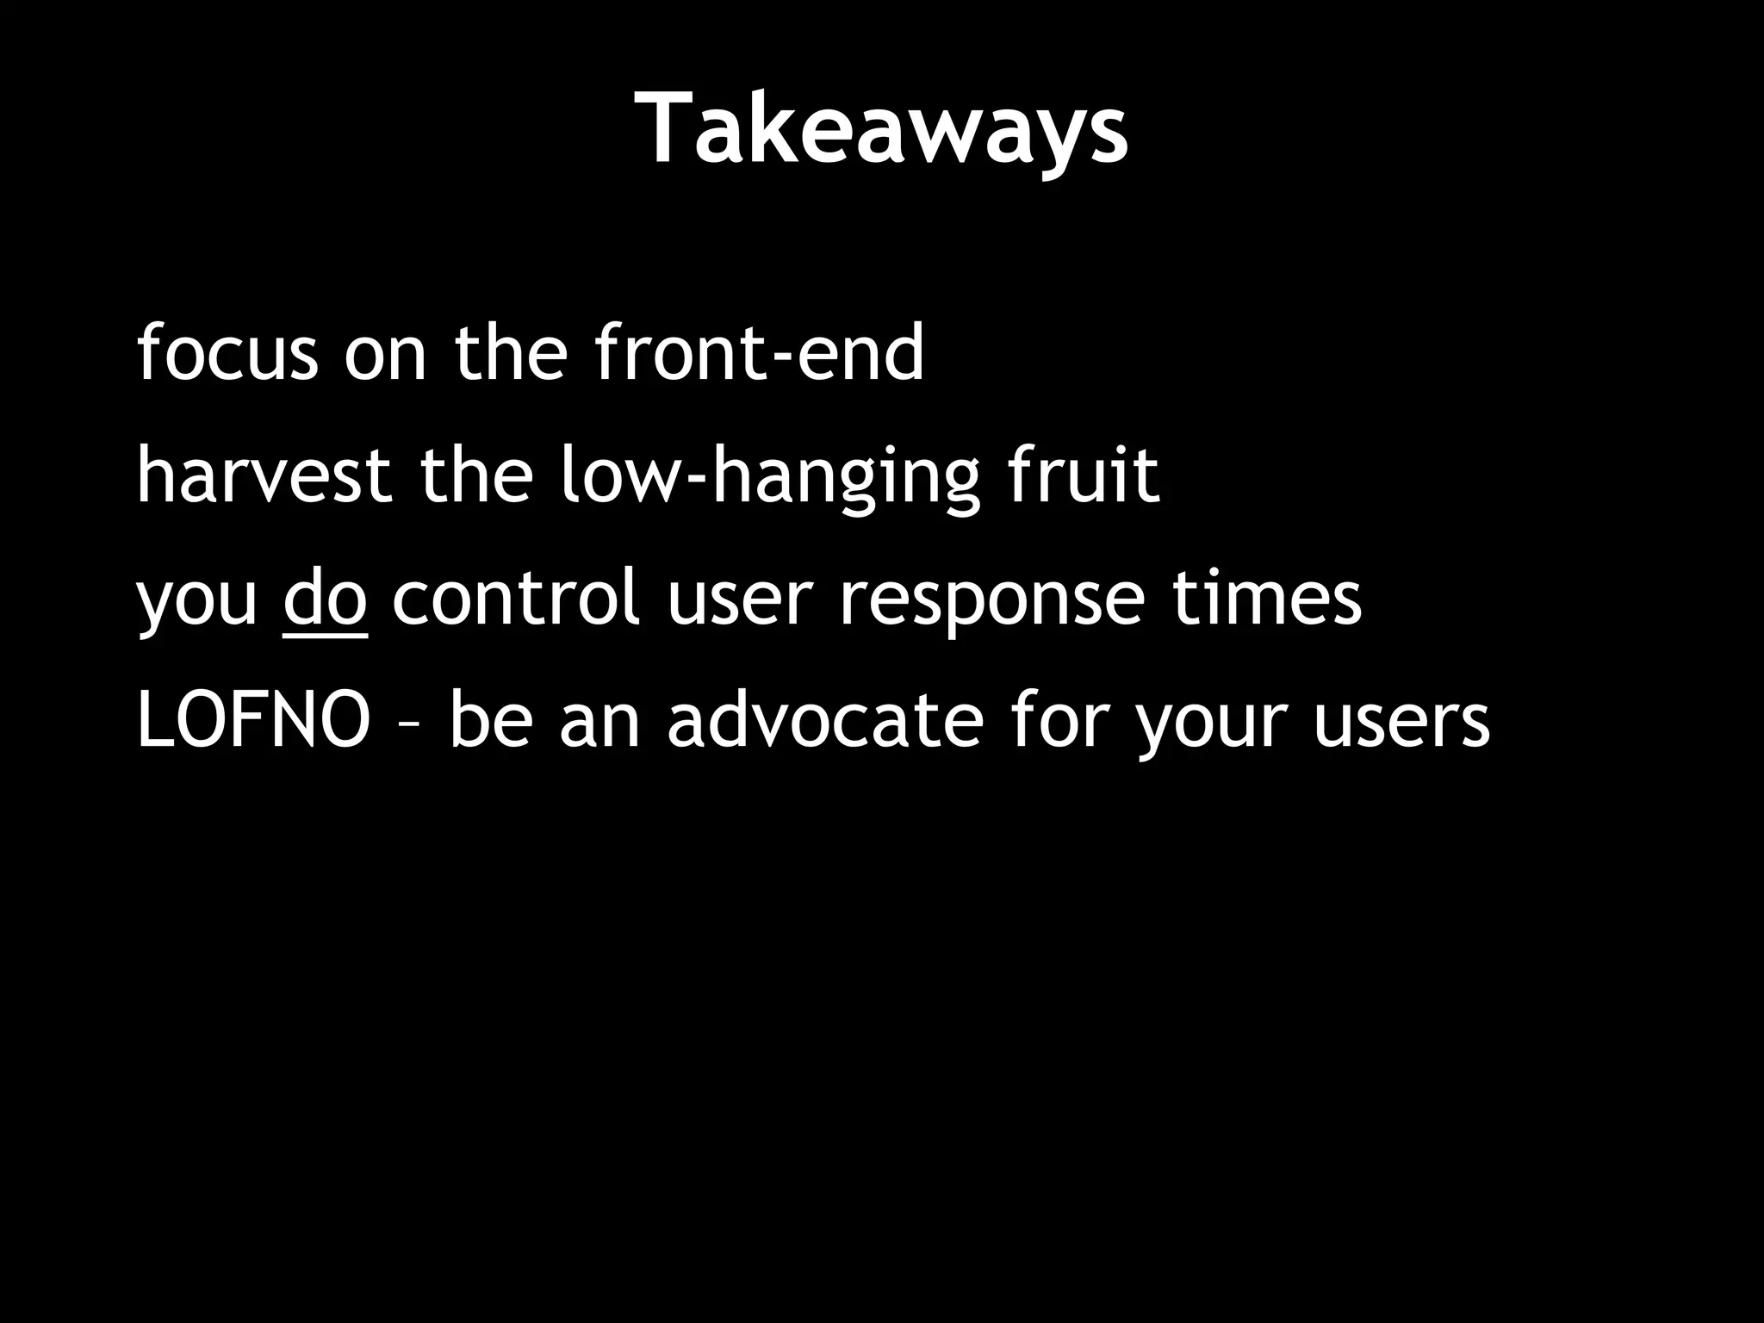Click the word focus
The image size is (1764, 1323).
227,352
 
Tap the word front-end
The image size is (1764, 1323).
760,352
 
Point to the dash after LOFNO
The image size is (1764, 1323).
410,725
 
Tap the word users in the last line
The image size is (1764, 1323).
1401,722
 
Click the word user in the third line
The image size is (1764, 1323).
740,599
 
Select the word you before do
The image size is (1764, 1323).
197,601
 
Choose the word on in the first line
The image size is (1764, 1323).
385,354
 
